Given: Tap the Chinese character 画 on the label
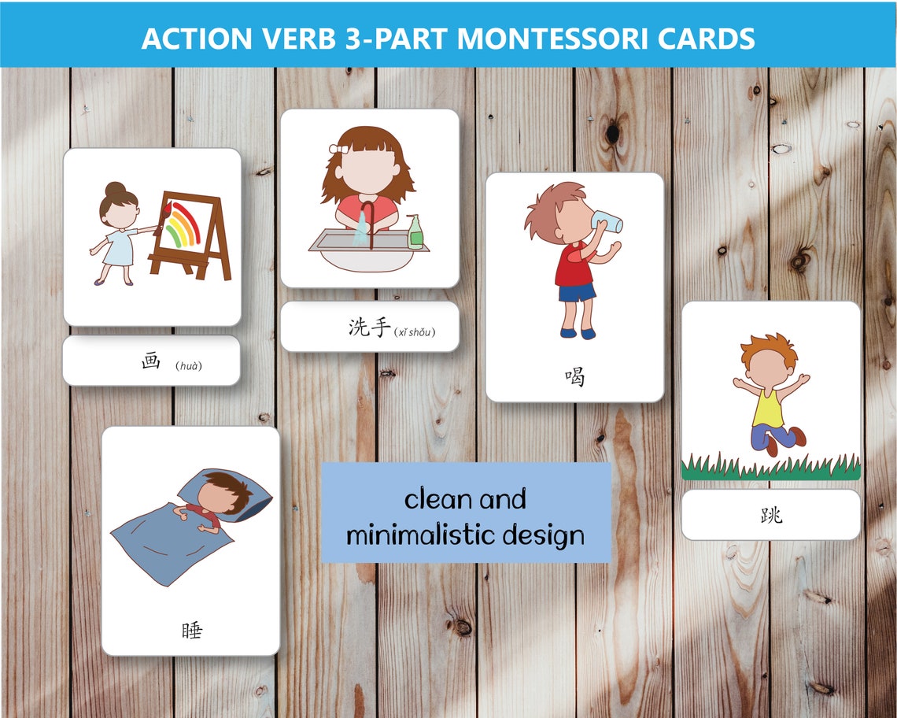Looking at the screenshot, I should [x=150, y=362].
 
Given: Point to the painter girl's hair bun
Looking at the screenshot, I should [x=116, y=189].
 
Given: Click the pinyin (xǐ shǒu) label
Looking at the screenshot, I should [x=414, y=331].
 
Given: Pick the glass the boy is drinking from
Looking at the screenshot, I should [x=607, y=221].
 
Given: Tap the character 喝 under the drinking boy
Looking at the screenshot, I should [x=574, y=377].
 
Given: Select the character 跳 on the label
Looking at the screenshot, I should [x=771, y=516].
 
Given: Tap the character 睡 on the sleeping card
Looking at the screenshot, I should [x=191, y=630].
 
